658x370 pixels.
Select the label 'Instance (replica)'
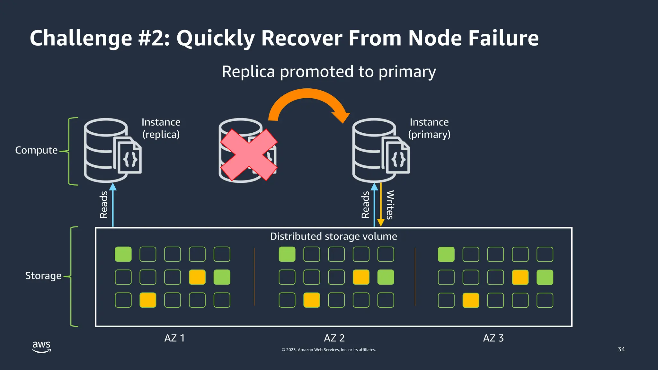tap(161, 128)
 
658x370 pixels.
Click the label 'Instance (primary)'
tap(429, 128)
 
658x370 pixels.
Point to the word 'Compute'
tap(36, 150)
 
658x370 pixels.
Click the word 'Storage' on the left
tap(43, 276)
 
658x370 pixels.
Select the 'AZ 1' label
tap(174, 338)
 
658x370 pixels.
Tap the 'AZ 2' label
tap(334, 338)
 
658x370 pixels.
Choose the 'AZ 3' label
tap(493, 338)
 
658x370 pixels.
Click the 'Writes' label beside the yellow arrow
tap(390, 205)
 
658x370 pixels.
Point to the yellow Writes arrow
tap(381, 206)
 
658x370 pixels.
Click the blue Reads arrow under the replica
tap(113, 206)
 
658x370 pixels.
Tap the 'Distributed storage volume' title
tap(333, 236)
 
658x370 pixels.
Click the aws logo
tap(41, 347)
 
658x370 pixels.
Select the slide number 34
tap(621, 349)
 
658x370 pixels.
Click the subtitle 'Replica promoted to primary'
tap(329, 72)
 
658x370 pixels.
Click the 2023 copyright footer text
tap(329, 350)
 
